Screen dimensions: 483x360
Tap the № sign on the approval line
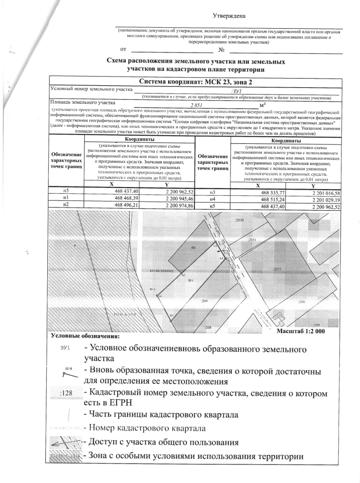pos(222,50)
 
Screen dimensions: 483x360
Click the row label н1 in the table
pos(66,198)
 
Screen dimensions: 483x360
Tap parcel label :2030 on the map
pos(239,220)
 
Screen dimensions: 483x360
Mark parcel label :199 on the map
pos(317,325)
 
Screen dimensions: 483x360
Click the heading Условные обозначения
pos(85,337)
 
